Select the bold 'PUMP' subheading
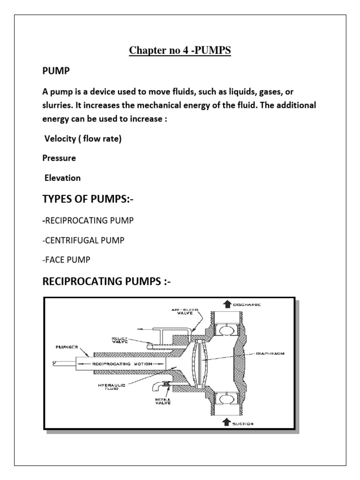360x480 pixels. click(55, 72)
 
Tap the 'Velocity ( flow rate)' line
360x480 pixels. click(83, 139)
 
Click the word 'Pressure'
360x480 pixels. click(59, 158)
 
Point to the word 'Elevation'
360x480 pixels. click(62, 178)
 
